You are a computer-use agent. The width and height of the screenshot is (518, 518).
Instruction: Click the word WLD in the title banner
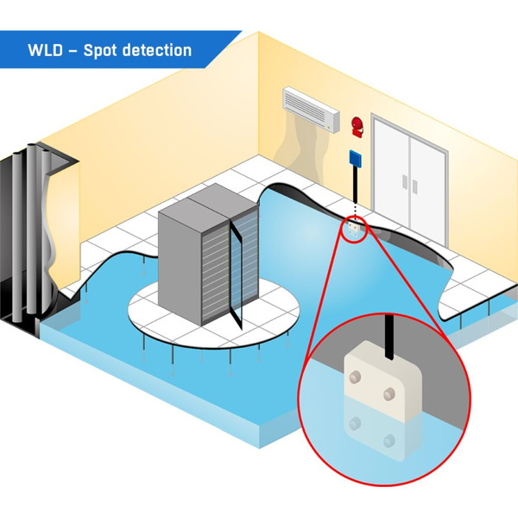click(x=46, y=50)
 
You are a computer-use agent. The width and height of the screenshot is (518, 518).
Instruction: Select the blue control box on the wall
click(x=354, y=158)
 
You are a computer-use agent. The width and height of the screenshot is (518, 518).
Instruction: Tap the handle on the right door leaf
click(x=416, y=183)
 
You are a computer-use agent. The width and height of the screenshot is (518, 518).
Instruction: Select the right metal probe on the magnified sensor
click(x=388, y=394)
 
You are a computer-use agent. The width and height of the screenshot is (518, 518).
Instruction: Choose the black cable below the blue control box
click(x=354, y=190)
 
